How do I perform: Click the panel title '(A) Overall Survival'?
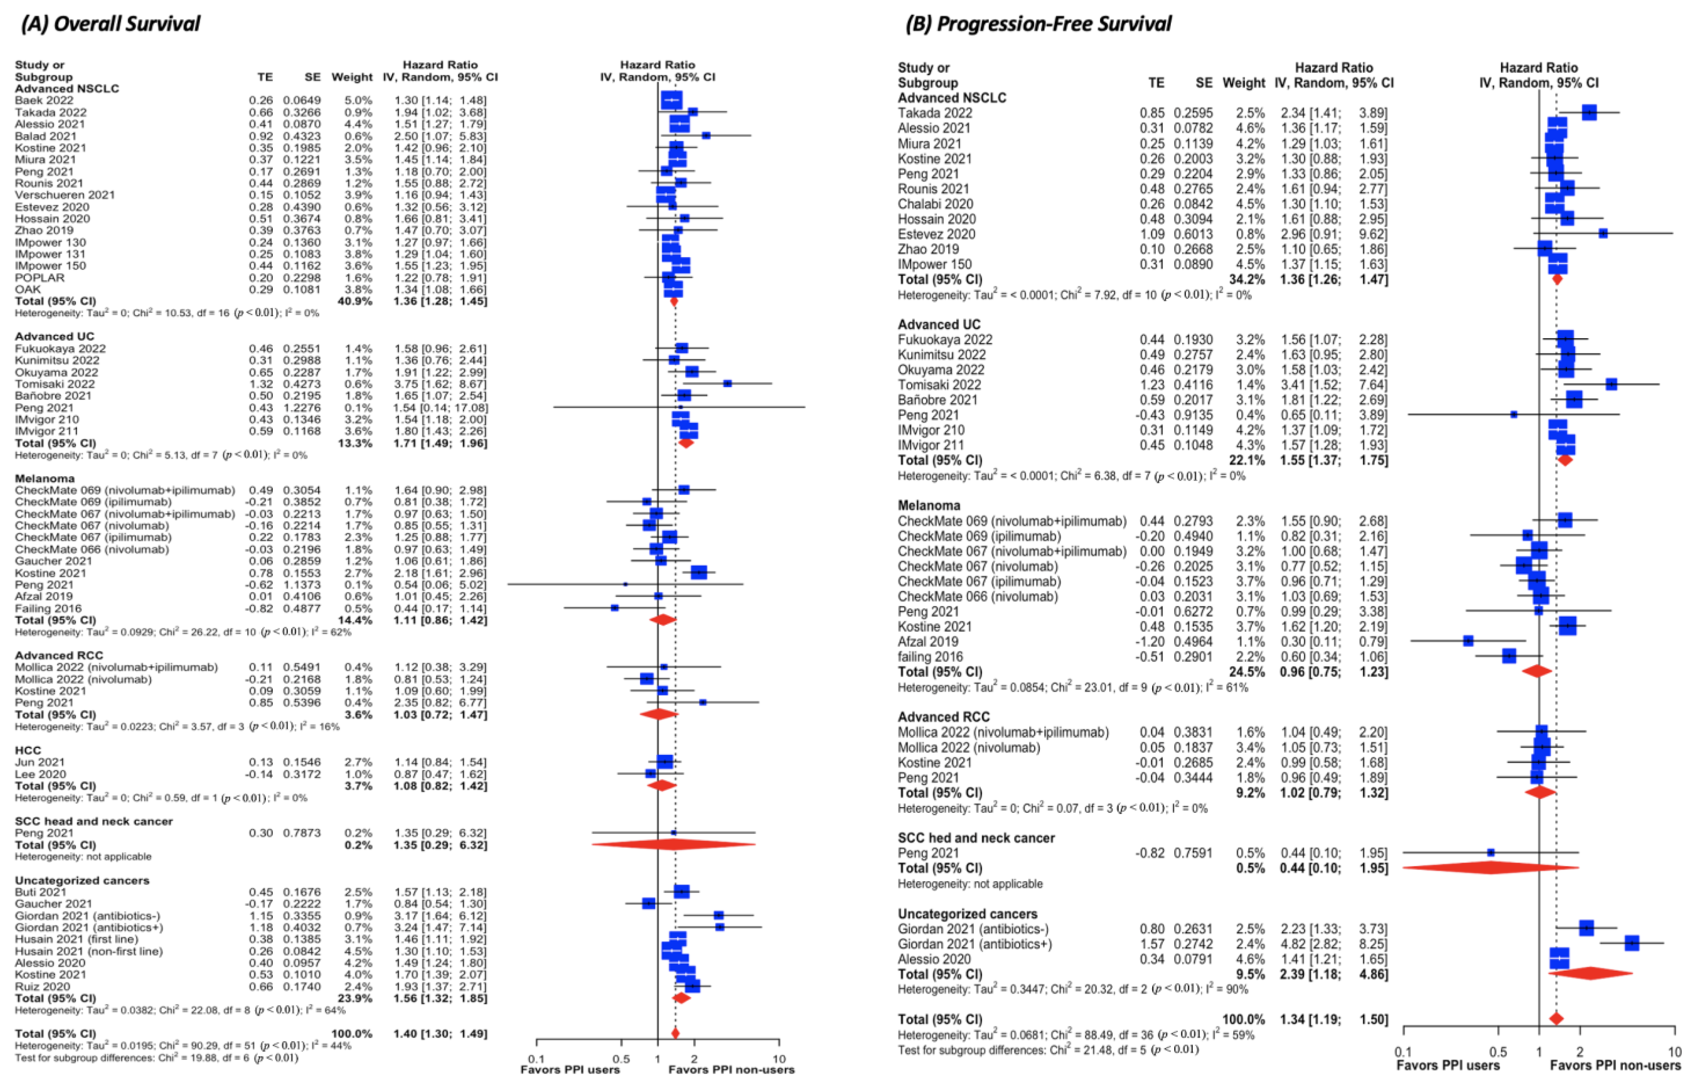111,24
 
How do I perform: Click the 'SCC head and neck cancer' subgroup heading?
94,821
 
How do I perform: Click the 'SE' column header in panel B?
1204,83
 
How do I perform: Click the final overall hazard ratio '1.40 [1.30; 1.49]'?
440,1033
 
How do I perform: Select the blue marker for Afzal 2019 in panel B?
1468,641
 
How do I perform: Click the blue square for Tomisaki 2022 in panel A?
727,383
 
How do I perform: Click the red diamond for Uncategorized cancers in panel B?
1591,973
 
